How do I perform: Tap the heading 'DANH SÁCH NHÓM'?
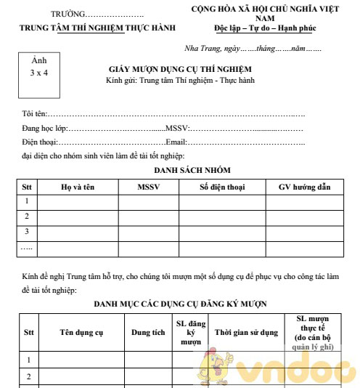pyautogui.click(x=192, y=169)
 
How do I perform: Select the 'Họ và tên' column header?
pyautogui.click(x=78, y=187)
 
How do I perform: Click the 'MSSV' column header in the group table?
pyautogui.click(x=148, y=187)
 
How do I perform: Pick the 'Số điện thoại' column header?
pyautogui.click(x=222, y=187)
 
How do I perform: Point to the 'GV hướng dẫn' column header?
pyautogui.click(x=304, y=187)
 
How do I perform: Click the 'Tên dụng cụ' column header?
pyautogui.click(x=81, y=333)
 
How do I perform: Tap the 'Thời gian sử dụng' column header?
pyautogui.click(x=246, y=333)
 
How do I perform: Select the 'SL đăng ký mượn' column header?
pyautogui.click(x=190, y=332)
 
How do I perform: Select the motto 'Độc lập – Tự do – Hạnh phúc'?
pyautogui.click(x=269, y=28)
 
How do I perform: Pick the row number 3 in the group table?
pyautogui.click(x=27, y=232)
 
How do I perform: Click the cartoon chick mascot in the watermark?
pyautogui.click(x=217, y=363)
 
